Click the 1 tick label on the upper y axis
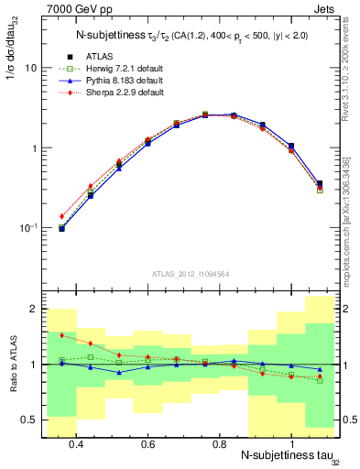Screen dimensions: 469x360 click(32, 148)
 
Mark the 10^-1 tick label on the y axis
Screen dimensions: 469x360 click(27, 227)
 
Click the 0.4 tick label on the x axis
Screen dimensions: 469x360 click(76, 443)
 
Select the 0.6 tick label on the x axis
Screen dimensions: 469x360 click(147, 443)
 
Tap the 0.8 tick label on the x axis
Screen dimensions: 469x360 click(219, 443)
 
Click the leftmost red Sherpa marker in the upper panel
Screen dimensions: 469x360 click(61, 216)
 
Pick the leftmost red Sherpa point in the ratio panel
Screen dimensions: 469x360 click(61, 336)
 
